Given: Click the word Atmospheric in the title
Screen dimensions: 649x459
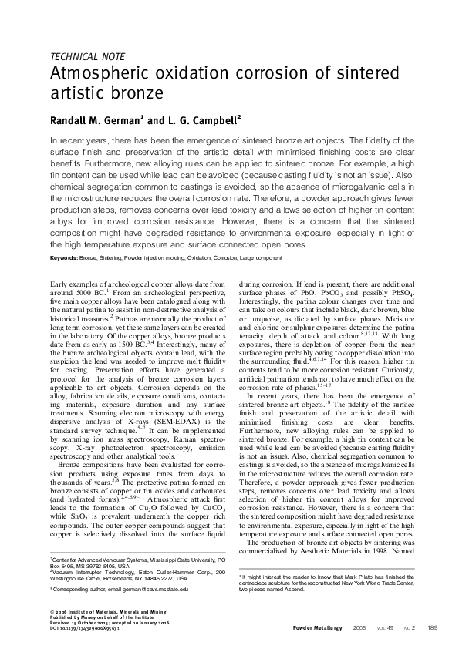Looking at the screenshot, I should click(x=101, y=76).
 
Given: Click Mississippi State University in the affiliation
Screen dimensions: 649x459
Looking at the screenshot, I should click(x=186, y=557).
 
